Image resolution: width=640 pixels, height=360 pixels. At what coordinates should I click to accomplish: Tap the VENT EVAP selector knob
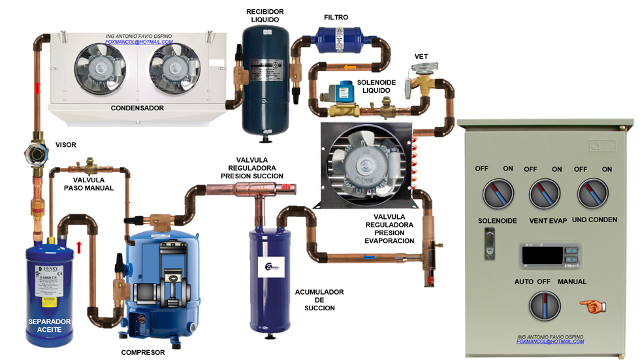coord(543,195)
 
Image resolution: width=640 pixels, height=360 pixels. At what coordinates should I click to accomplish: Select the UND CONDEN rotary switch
coord(593,195)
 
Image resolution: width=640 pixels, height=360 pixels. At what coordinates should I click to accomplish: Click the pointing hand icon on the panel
coord(592,304)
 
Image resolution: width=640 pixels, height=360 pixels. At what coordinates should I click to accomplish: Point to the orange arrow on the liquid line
coord(350,67)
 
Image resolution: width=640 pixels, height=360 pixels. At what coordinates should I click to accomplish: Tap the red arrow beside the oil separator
coord(80,247)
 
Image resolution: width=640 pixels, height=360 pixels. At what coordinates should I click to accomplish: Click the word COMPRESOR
coord(144,352)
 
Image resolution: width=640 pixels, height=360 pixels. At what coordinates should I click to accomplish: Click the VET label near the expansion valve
coord(421,57)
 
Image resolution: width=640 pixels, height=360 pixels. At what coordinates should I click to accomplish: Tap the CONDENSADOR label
coord(137,108)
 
